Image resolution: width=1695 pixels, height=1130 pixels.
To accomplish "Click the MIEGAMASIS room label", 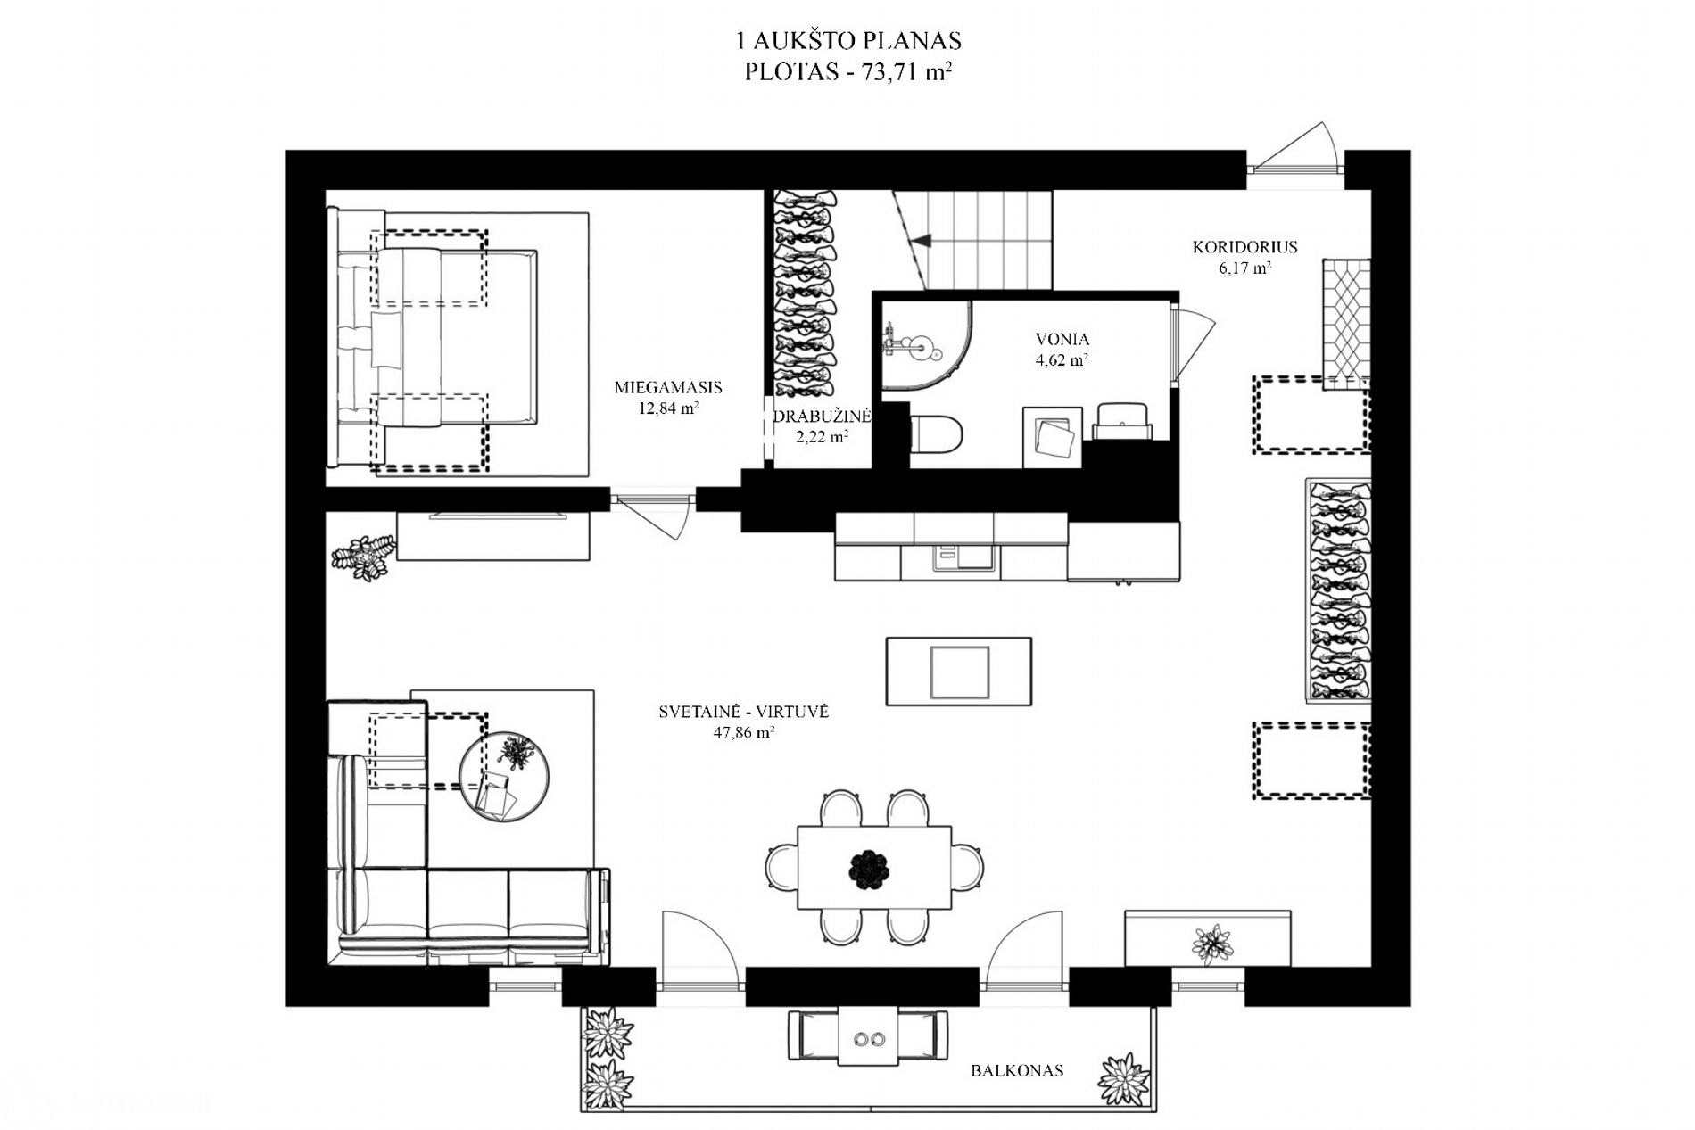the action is [668, 388].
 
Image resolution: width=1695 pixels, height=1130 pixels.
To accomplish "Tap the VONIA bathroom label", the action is [1062, 339].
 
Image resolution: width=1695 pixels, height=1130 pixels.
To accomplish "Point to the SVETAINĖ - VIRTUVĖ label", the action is [744, 712].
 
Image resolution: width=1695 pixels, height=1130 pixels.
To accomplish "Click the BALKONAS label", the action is [1017, 1070].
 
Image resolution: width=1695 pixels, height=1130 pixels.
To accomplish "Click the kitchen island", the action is [958, 672].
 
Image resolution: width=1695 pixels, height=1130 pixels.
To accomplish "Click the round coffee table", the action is [504, 775].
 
